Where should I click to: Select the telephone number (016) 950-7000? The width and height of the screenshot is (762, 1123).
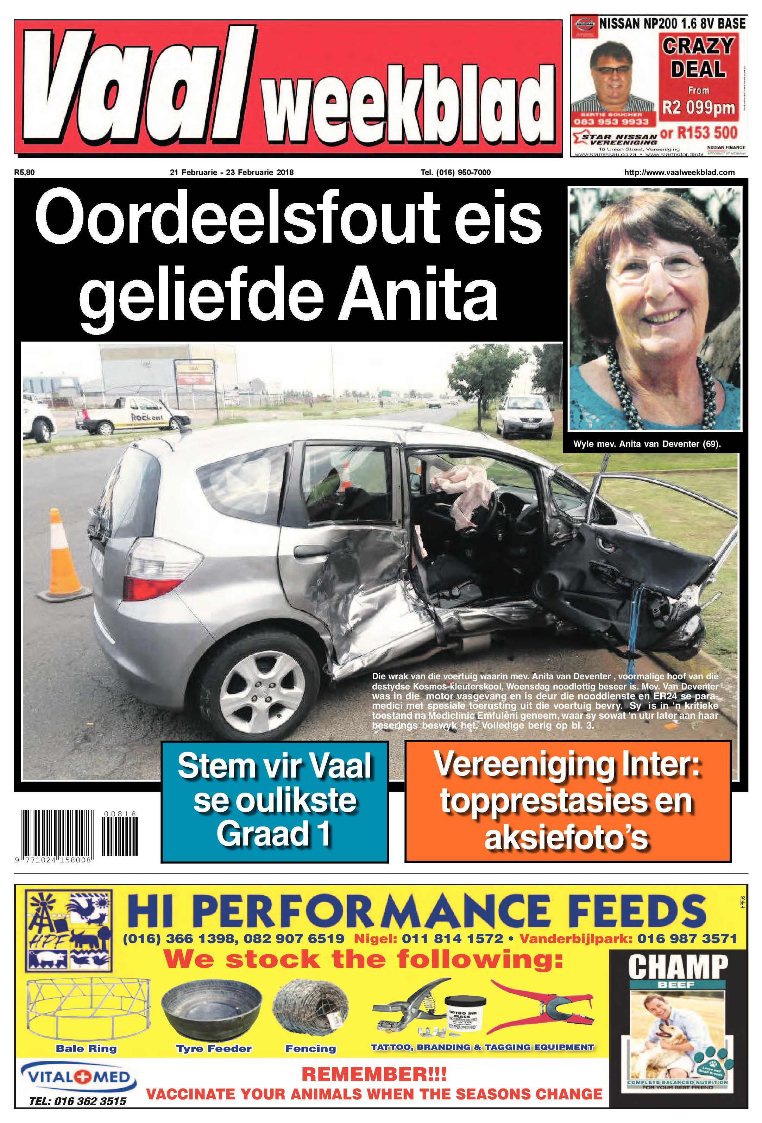coord(455,172)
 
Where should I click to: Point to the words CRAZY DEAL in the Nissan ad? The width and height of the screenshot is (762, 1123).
coord(698,57)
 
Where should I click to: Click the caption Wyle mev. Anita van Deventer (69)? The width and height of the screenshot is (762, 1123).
coord(647,444)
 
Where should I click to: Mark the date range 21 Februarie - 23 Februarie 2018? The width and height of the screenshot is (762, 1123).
coord(232,172)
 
